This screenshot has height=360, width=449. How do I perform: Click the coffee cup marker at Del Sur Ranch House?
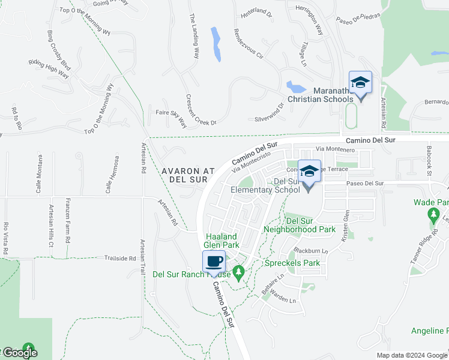coord(214,262)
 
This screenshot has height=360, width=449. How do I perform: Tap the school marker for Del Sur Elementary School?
coord(309,172)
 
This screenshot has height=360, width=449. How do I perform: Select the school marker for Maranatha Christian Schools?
coord(360,83)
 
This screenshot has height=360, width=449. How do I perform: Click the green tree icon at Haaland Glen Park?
coord(239,274)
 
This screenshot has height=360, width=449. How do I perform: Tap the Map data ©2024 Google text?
coord(412,355)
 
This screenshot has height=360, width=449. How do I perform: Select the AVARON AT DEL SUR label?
coord(188,175)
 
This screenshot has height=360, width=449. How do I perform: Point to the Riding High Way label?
coord(49,69)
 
